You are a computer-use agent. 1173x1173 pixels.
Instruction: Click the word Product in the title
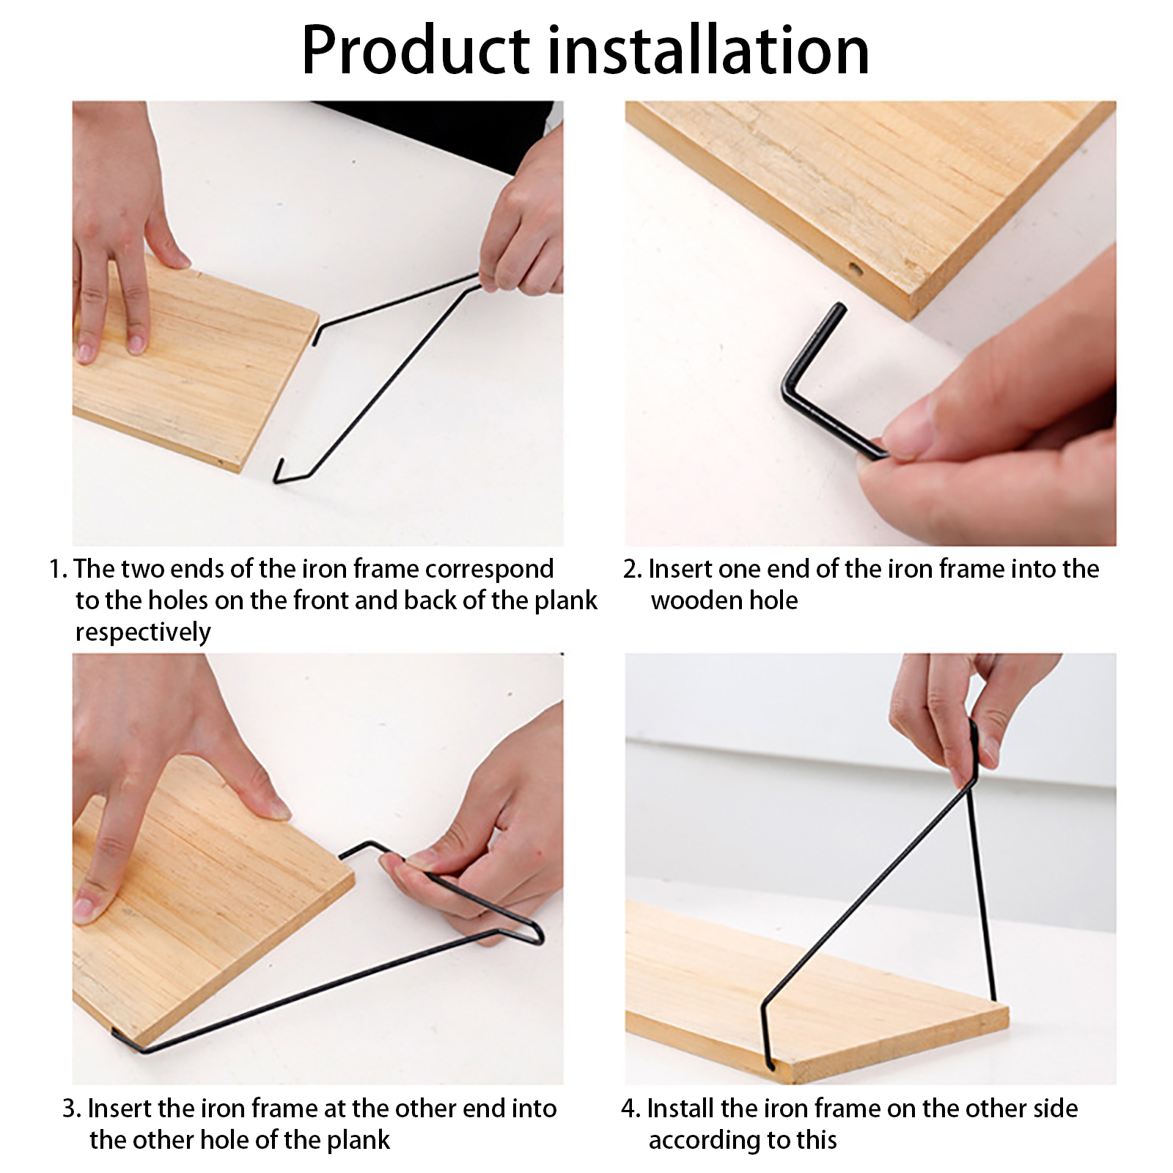coord(416,51)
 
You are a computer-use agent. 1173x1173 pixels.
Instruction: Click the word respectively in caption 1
coord(143,632)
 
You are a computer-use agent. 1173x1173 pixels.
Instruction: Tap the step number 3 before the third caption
coord(71,1108)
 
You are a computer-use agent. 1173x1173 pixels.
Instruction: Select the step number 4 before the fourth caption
coord(630,1108)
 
